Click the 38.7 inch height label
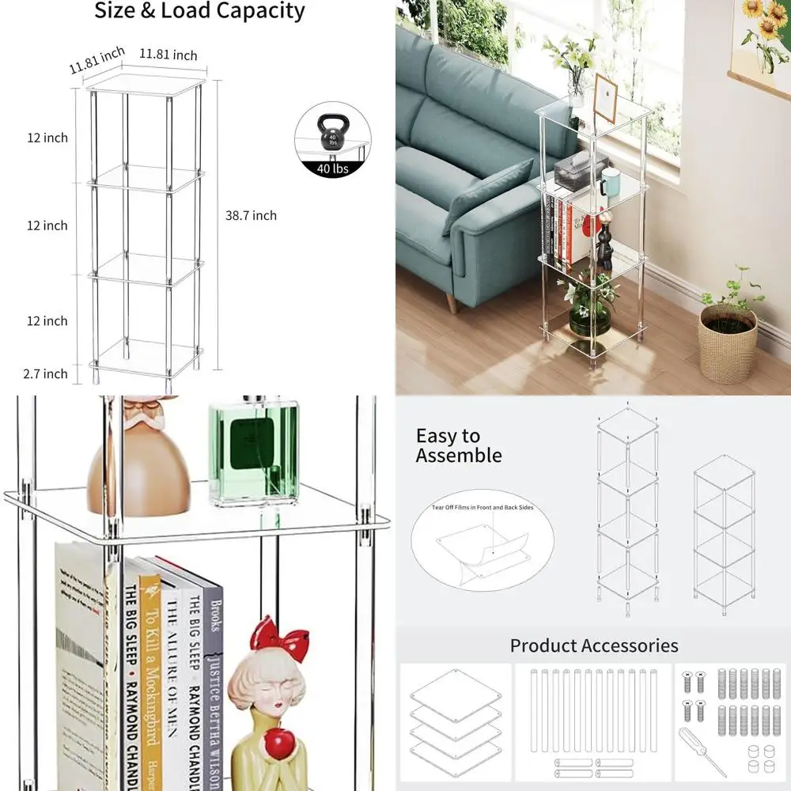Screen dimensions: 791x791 [251, 215]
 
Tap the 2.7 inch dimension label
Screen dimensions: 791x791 [45, 373]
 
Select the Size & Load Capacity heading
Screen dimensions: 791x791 [199, 11]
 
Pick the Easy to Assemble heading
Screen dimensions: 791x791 [459, 445]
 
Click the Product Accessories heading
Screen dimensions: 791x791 [593, 645]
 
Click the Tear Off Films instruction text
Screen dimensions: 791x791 [483, 508]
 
